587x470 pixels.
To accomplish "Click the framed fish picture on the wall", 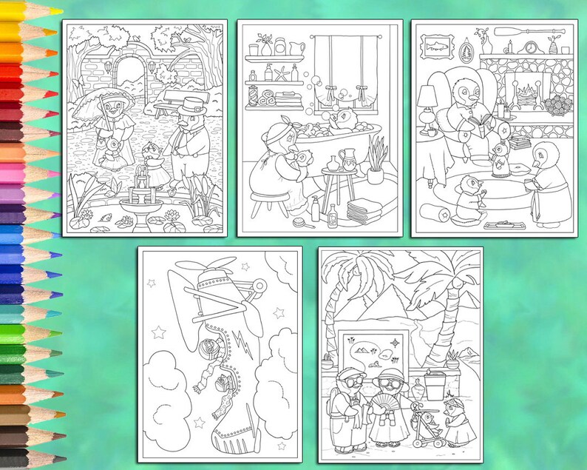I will tap(431, 47).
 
